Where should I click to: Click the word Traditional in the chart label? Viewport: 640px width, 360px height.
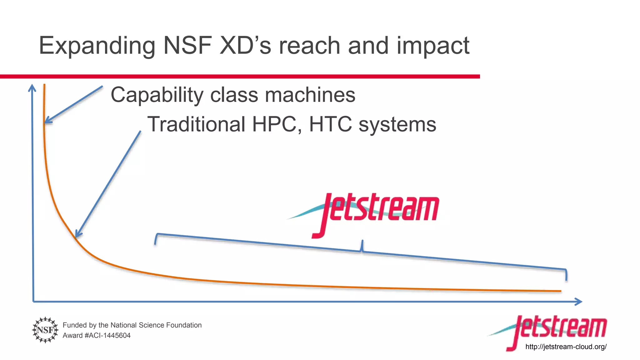pyautogui.click(x=196, y=124)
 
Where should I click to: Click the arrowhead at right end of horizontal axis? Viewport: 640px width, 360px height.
pyautogui.click(x=579, y=302)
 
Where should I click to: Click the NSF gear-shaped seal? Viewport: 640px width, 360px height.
pyautogui.click(x=45, y=330)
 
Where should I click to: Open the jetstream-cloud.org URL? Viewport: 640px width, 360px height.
pyautogui.click(x=566, y=347)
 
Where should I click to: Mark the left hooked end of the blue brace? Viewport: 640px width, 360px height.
pyautogui.click(x=156, y=239)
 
